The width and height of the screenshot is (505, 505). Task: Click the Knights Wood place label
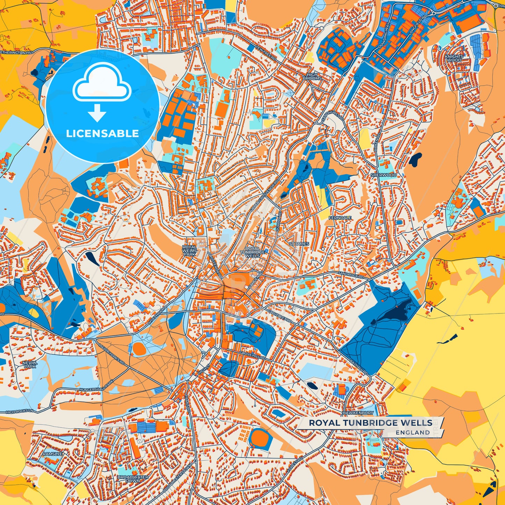pos(454,58)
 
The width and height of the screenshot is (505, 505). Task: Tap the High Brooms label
pos(312,77)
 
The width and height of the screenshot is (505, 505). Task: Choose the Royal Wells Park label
pos(189,251)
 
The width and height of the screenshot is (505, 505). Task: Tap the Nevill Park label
pos(30,365)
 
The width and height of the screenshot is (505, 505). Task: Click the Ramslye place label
pos(52,454)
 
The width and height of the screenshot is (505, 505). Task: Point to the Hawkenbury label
pos(358,413)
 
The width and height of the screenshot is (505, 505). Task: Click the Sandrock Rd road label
pos(351,275)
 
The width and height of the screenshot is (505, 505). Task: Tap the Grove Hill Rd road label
pos(252,356)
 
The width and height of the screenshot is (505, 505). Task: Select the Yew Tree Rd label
pos(266,52)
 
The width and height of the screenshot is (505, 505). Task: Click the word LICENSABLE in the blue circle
pos(102,134)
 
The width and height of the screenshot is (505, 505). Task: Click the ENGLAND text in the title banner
pos(413,432)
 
